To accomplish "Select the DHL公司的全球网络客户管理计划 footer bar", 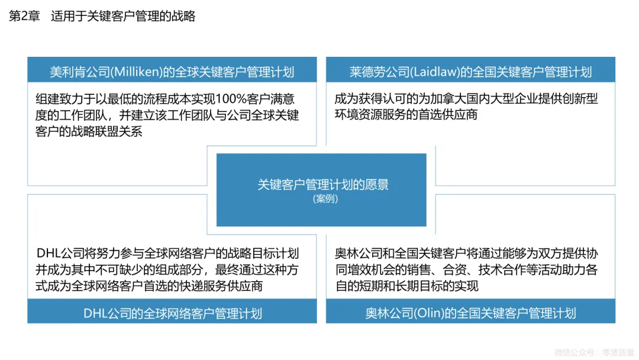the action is [172, 313].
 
